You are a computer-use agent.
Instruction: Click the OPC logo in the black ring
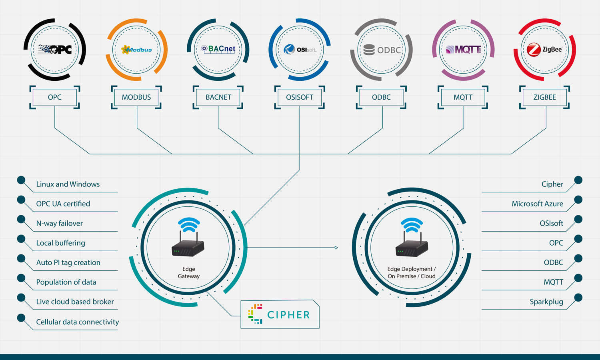tap(55, 50)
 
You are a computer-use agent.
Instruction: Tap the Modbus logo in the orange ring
tap(136, 50)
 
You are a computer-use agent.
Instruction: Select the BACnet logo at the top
tap(218, 50)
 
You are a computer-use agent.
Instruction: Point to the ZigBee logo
tap(544, 50)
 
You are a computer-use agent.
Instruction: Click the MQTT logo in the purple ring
tap(463, 50)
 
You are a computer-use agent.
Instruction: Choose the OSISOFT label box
tap(300, 97)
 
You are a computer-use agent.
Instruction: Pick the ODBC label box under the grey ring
tap(381, 97)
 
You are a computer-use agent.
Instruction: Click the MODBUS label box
tap(136, 97)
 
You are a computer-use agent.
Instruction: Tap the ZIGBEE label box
tap(544, 97)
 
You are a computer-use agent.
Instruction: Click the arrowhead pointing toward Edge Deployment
tap(336, 248)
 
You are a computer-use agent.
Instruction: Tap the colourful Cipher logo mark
tap(255, 314)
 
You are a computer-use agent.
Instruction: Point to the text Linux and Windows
tap(68, 184)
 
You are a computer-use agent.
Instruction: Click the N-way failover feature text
tap(60, 223)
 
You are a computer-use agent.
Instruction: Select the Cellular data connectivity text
tap(78, 322)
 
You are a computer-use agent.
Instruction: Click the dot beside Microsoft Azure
tap(578, 200)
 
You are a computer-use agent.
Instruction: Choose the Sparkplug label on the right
tap(546, 302)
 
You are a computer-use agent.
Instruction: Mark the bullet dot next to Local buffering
tap(21, 239)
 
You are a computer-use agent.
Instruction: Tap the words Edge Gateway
tap(189, 272)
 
